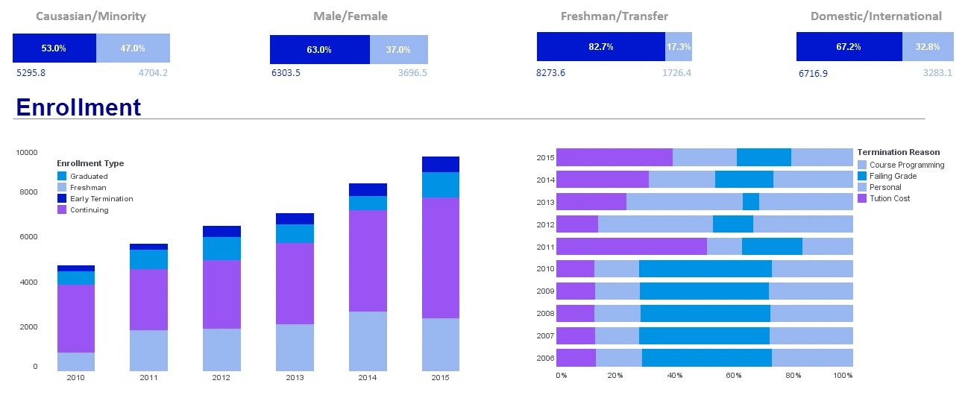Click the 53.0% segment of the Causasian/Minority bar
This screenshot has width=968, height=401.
[54, 48]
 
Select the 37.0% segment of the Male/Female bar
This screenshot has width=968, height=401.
[398, 49]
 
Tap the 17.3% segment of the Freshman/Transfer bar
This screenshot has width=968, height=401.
[678, 46]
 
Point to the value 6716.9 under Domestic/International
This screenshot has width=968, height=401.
[813, 73]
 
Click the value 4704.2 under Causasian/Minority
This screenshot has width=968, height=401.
[153, 73]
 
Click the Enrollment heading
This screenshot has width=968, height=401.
[78, 107]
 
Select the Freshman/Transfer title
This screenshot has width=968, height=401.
[614, 16]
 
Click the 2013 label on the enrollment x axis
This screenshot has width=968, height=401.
[295, 378]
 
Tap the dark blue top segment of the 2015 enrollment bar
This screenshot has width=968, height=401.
[440, 164]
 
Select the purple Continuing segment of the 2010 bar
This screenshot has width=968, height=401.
[76, 318]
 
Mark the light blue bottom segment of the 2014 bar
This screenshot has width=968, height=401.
[368, 341]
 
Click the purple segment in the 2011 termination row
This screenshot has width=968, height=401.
[631, 247]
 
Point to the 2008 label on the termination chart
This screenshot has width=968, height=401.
[545, 314]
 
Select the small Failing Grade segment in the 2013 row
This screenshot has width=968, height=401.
[750, 202]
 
